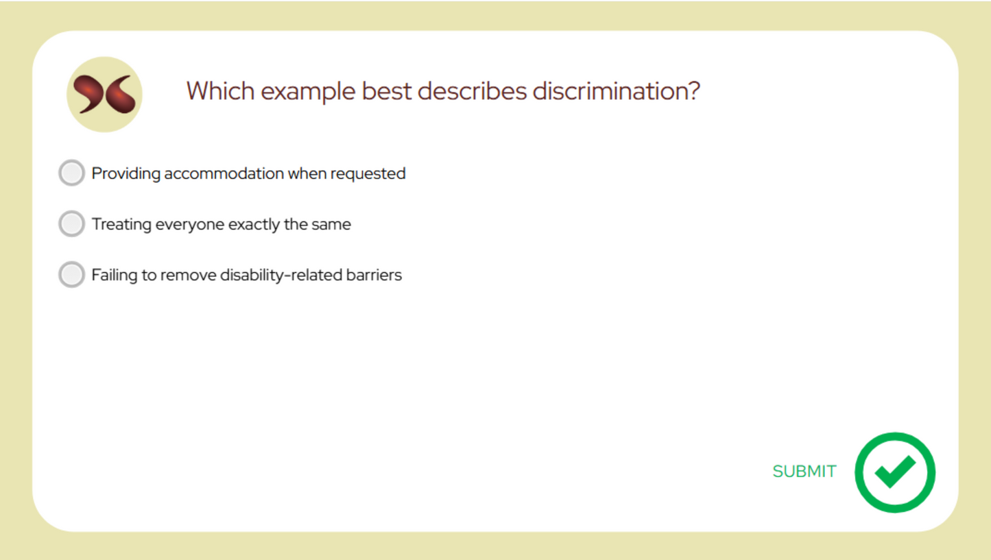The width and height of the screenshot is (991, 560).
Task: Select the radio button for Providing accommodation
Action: (x=71, y=173)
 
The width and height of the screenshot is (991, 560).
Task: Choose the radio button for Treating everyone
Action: (x=71, y=224)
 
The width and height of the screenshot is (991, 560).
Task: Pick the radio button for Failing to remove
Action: (x=71, y=275)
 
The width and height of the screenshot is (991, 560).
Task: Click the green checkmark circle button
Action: (x=895, y=472)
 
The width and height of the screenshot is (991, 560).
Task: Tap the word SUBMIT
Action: (x=804, y=472)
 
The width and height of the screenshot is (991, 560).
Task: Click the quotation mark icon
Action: (x=104, y=95)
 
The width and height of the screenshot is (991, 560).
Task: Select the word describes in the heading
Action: (x=470, y=91)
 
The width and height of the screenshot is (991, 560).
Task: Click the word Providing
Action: (x=126, y=174)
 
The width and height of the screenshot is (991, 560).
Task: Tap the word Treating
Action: (x=121, y=225)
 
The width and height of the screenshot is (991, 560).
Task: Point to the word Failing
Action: (x=115, y=276)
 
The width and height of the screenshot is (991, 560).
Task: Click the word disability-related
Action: (x=281, y=276)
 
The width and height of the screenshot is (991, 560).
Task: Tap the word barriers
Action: (x=374, y=276)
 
